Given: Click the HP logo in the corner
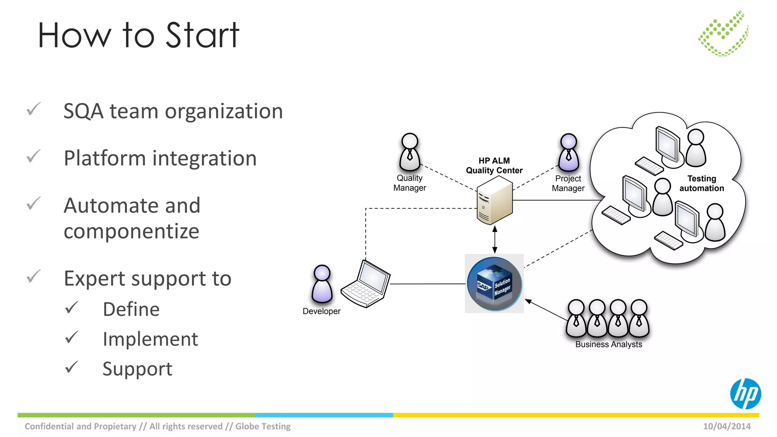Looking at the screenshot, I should click(x=746, y=394).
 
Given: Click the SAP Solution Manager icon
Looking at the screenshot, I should click(x=494, y=284).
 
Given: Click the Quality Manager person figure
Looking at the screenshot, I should click(x=410, y=152).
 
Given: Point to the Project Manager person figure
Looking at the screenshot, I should click(x=568, y=152).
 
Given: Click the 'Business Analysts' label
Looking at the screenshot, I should click(x=609, y=344).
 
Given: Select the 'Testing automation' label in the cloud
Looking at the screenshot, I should click(x=702, y=183).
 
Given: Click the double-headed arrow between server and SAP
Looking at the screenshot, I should click(x=494, y=239).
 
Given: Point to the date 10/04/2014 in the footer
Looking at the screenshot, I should click(x=727, y=426).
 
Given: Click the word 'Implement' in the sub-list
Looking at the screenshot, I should click(x=150, y=339).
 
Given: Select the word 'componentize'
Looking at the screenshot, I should click(x=131, y=231).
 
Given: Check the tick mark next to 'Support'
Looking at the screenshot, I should click(x=71, y=367).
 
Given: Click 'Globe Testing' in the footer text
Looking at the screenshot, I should click(x=263, y=426).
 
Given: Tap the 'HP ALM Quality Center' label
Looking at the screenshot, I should click(x=494, y=165).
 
